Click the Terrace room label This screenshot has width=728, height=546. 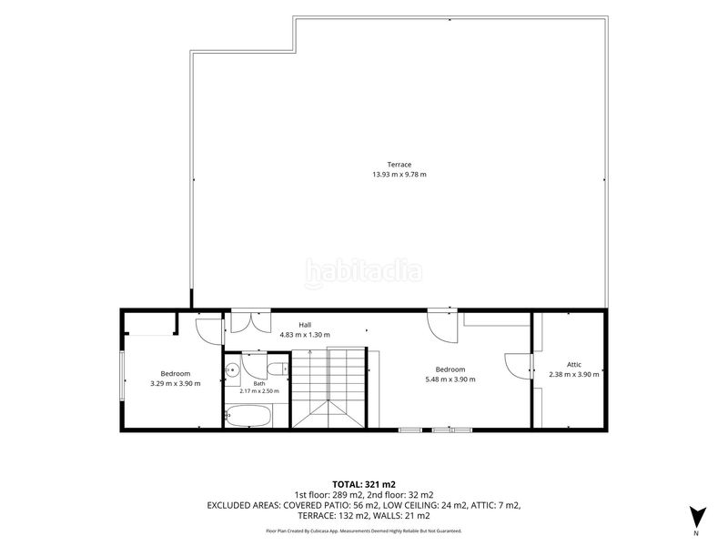(x=399, y=165)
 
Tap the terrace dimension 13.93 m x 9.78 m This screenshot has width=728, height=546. (x=399, y=175)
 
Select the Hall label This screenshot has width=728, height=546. (x=305, y=325)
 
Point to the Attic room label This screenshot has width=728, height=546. (x=574, y=365)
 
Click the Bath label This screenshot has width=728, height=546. (x=259, y=383)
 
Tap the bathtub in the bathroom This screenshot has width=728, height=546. (x=248, y=416)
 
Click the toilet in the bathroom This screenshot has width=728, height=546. (x=278, y=369)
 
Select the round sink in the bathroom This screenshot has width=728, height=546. (x=232, y=370)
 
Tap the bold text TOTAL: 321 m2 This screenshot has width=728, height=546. (x=363, y=485)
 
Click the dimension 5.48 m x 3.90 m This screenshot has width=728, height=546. (x=450, y=379)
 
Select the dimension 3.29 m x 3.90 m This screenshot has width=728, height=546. (x=176, y=383)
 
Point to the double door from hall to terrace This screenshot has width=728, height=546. (x=251, y=321)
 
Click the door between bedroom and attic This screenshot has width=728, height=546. (x=519, y=367)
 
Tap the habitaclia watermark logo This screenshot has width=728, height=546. (x=363, y=272)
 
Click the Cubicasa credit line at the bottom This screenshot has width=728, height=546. (x=363, y=531)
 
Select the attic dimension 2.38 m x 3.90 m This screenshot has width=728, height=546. (x=574, y=374)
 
